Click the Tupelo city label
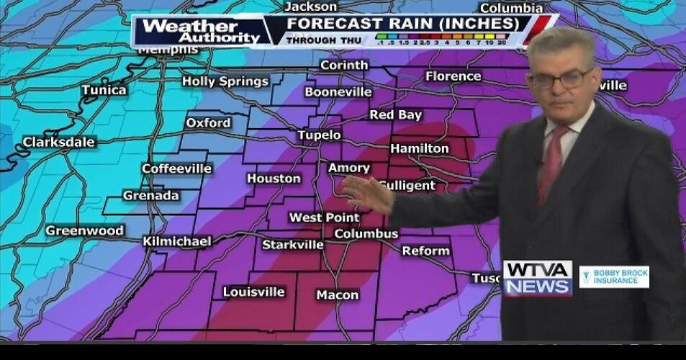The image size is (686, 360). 319,135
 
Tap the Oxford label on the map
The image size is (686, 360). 208,123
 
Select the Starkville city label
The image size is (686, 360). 292,245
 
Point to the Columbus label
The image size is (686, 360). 366,234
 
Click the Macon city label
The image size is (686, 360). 337,295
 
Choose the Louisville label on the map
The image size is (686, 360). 253,292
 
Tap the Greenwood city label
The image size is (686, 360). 84,231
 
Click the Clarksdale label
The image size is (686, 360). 58,143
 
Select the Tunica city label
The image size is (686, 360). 104,91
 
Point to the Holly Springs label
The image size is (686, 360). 225,81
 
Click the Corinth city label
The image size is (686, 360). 343,66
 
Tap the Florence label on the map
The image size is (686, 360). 453,76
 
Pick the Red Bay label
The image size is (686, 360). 395,115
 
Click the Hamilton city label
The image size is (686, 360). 419,149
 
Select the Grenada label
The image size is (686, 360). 150,196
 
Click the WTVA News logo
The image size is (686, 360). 537,278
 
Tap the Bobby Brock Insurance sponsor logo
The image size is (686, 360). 613,277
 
